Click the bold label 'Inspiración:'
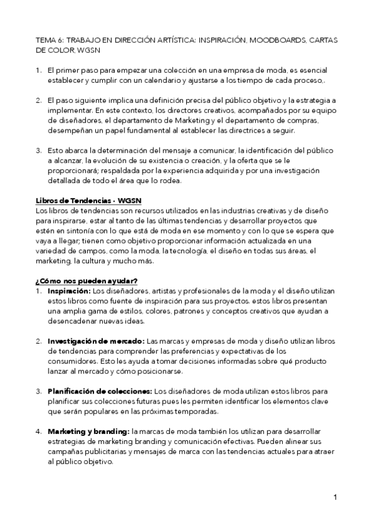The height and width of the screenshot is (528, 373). [x=68, y=291]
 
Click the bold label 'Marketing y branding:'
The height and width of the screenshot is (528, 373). [x=88, y=431]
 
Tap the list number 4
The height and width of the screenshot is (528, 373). [x=39, y=431]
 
